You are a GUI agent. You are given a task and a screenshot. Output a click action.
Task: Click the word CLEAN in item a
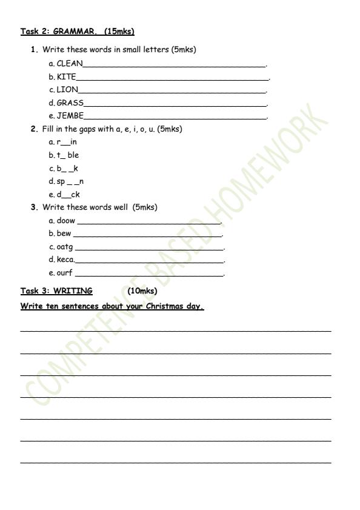[x=70, y=63]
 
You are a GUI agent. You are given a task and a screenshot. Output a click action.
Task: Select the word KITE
[x=66, y=76]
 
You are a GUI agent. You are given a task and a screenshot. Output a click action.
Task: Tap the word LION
[x=67, y=90]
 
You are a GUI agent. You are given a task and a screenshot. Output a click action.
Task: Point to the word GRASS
[x=70, y=102]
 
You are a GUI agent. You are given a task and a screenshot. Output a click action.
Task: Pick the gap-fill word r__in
[x=67, y=142]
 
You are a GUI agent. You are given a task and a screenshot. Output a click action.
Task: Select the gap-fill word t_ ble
[x=68, y=155]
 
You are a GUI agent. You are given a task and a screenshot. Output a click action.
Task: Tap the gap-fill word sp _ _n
[x=70, y=181]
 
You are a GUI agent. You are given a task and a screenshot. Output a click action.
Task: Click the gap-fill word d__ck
[x=68, y=195]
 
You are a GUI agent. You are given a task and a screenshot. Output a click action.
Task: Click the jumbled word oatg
[x=65, y=247]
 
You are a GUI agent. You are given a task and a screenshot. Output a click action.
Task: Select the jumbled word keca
[x=65, y=260]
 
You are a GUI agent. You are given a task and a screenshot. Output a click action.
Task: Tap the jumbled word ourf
[x=65, y=273]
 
